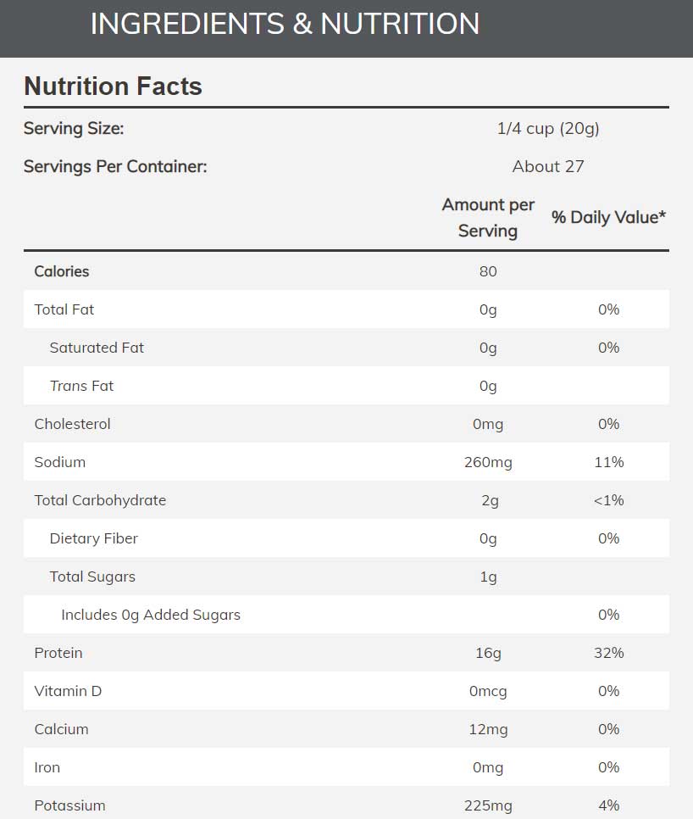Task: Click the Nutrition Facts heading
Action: click(113, 86)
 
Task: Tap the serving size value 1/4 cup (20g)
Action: click(548, 129)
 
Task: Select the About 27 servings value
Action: click(548, 166)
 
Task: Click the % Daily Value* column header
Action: click(608, 217)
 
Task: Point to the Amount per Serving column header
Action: click(488, 217)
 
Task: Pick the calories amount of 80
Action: click(488, 271)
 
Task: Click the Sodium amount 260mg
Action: click(488, 462)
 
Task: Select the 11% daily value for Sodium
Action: click(608, 462)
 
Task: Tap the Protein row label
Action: click(58, 653)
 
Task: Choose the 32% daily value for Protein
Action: click(608, 653)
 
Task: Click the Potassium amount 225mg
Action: click(488, 805)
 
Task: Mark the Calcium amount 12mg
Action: click(488, 729)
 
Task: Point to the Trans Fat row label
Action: click(81, 386)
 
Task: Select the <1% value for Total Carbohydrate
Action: click(608, 500)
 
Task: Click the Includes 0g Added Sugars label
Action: click(151, 615)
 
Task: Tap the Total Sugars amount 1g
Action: click(488, 577)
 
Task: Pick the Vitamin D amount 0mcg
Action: click(488, 691)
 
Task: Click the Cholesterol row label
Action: click(72, 424)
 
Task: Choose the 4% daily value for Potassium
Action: click(608, 805)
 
